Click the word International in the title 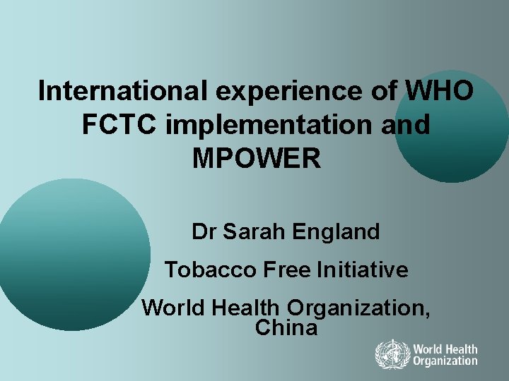tap(119, 91)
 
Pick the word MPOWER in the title tap(257, 159)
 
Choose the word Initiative tap(363, 270)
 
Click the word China tap(286, 328)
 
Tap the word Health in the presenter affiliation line tap(242, 308)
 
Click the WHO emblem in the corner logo tap(390, 355)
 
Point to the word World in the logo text tap(429, 349)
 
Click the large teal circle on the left tap(74, 254)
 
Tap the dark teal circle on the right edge tap(452, 127)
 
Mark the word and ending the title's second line tap(406, 125)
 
